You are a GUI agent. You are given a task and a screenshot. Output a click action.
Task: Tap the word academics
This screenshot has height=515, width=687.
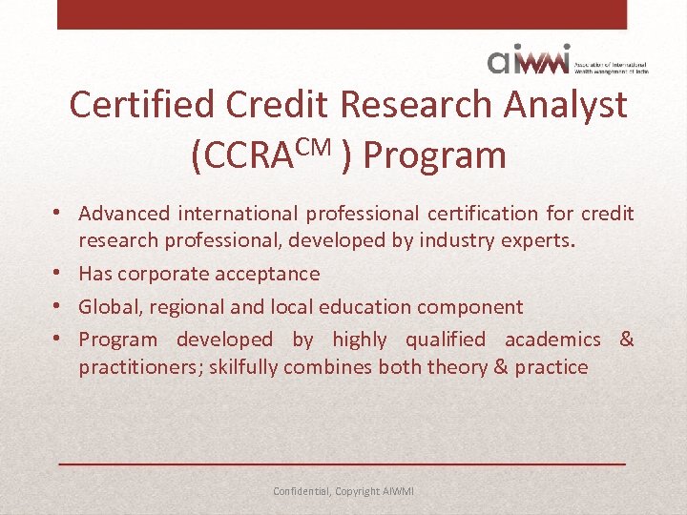pos(552,340)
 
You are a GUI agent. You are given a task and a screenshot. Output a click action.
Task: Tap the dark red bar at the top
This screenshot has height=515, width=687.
pos(343,14)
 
